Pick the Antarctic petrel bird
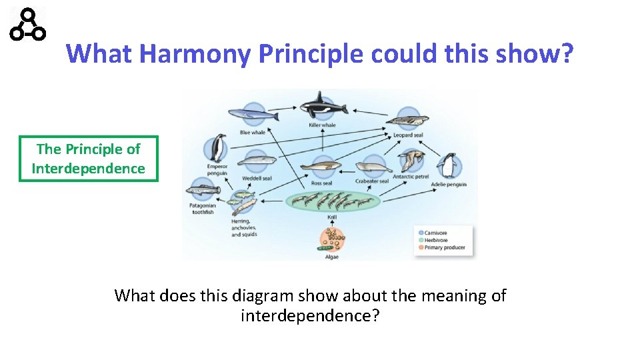click(411, 161)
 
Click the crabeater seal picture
click(371, 166)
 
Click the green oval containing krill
click(332, 200)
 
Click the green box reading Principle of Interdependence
click(89, 159)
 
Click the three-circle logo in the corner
click(28, 24)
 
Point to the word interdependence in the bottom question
click(310, 315)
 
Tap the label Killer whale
click(322, 125)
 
